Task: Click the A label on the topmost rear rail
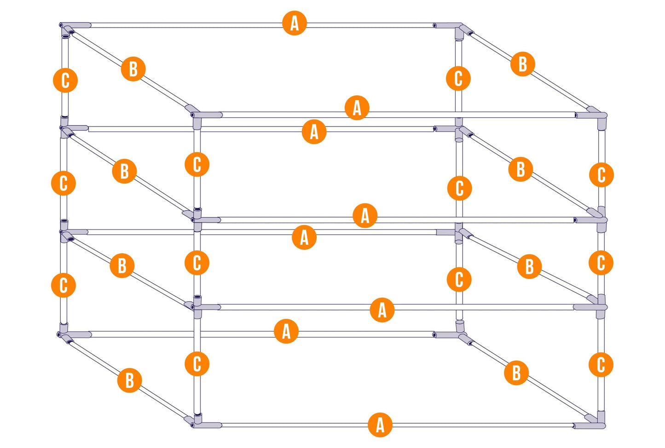point(294,23)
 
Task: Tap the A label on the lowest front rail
point(380,425)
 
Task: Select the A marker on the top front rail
point(357,108)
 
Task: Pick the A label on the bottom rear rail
point(286,331)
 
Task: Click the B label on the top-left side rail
point(133,69)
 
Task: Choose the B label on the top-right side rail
point(522,64)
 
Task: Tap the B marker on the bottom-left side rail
point(129,380)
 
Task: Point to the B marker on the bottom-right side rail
point(516,373)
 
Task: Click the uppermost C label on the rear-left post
point(65,80)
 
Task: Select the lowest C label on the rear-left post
point(64,285)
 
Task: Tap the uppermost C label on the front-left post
point(197,164)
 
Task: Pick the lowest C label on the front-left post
point(197,364)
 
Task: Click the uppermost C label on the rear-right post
point(458,78)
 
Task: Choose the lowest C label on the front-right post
point(601,364)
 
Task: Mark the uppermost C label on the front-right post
point(601,175)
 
